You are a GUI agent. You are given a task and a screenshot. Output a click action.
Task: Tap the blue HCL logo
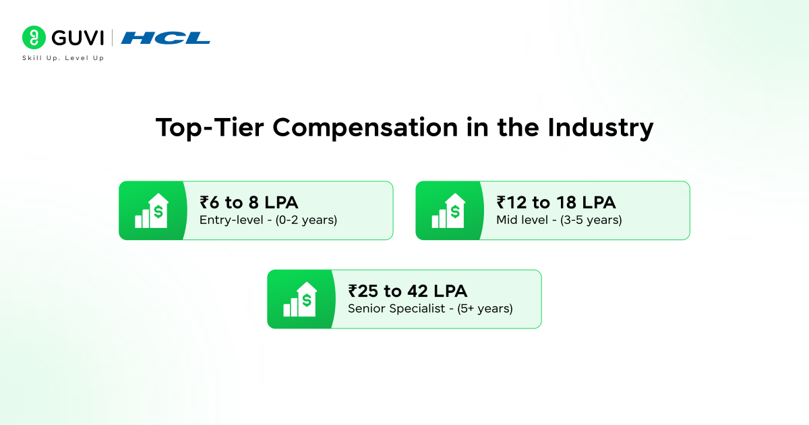coord(165,38)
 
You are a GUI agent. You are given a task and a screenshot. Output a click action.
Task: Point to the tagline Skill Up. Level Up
coord(63,58)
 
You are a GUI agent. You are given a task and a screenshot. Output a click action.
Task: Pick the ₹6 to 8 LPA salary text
coord(249,202)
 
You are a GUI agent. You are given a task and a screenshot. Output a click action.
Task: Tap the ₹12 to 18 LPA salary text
coord(556,202)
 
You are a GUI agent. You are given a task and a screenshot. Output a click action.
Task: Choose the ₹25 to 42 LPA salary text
coord(408,291)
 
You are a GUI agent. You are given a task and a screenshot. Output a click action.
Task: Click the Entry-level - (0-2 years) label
coord(268,220)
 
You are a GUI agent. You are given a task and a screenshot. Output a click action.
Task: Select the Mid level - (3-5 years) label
coord(559,220)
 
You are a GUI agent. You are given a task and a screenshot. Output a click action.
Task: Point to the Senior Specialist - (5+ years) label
coord(430,309)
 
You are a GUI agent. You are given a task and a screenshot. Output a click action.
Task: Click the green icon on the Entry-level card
coord(152,210)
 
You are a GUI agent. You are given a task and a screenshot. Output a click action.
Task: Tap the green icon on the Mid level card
coord(448,210)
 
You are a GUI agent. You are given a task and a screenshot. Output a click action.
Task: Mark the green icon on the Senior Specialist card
coord(300,300)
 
